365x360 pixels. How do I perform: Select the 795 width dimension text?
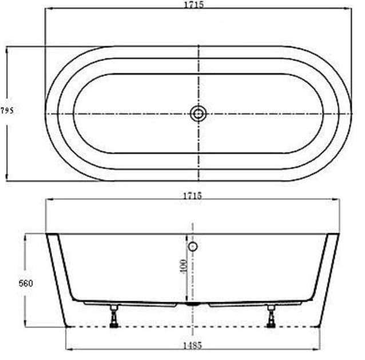pos(7,111)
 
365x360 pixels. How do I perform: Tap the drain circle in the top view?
pos(198,114)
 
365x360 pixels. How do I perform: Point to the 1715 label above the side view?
pos(192,195)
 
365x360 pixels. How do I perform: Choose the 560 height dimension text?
pos(26,283)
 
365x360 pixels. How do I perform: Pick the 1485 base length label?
pos(192,345)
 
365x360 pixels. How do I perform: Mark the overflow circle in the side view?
pos(193,247)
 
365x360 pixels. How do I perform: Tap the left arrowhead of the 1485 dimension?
pos(68,348)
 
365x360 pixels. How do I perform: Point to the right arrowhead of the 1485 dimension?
pos(318,348)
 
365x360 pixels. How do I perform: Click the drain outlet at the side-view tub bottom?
pos(193,305)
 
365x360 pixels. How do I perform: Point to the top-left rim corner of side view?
pos(47,233)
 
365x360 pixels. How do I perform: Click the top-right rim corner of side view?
pos(339,233)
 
